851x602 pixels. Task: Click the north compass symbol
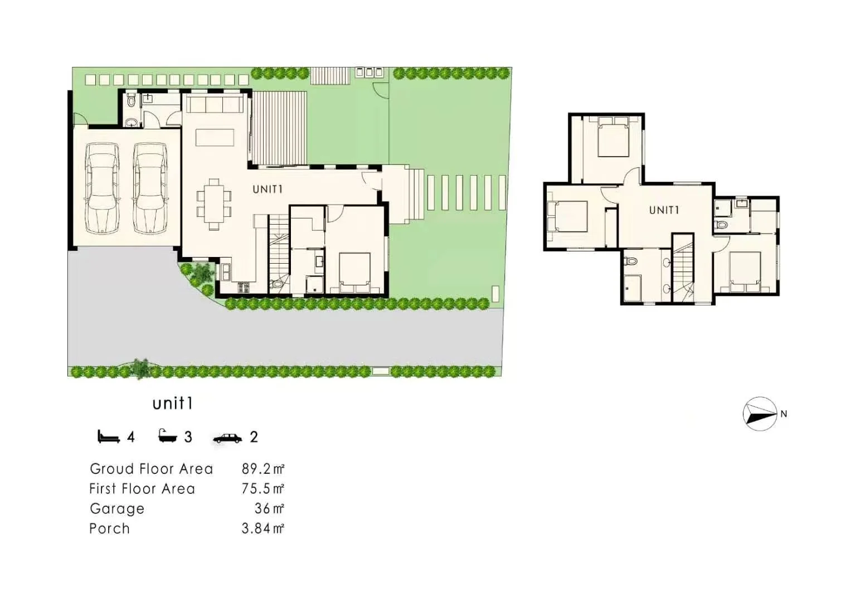coord(760,414)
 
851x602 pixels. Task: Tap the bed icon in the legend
coord(109,436)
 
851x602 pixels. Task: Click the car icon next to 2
coord(227,438)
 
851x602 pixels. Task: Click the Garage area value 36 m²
coord(269,509)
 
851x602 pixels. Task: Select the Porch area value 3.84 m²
coord(262,528)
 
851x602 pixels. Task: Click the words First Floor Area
coord(142,489)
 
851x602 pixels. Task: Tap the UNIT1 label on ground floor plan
coord(268,190)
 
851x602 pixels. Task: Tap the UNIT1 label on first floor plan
coord(664,210)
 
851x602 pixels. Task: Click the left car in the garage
coord(101,188)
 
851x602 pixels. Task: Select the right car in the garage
coord(150,188)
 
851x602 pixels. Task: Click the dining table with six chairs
coord(214,203)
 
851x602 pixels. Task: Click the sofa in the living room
coord(215,104)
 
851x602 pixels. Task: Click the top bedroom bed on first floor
coord(613,137)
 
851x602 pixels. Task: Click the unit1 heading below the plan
coord(173,404)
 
